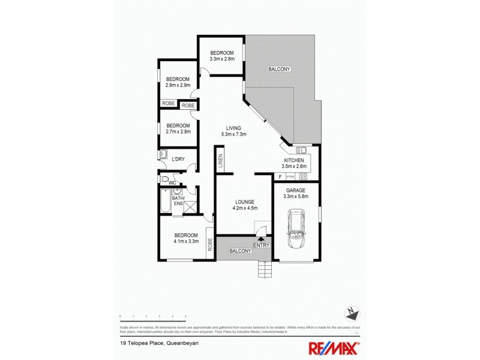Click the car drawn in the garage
coord(296,228)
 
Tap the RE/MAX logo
coord(334,347)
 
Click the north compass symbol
coord(353,313)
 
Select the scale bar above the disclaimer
coord(153,316)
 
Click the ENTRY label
coord(262,244)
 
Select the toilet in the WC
coord(163,179)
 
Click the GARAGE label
coord(296,190)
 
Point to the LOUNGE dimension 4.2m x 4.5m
coord(245,208)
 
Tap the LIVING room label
coord(233,128)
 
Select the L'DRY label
coord(178,159)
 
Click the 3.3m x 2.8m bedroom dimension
coord(221,59)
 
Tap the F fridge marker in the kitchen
coord(280,176)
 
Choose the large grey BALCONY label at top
coord(279,69)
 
